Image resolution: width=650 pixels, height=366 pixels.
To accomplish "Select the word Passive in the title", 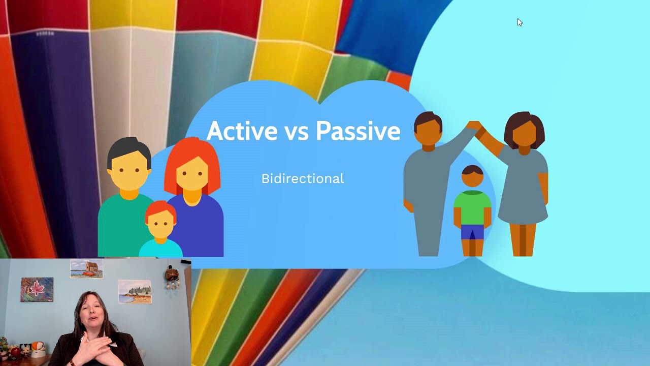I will (x=357, y=131).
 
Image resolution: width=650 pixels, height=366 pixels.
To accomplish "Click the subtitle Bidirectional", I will (x=303, y=179).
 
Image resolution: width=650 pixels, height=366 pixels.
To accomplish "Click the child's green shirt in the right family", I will (x=472, y=208).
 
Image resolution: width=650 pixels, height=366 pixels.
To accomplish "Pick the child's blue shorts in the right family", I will (x=472, y=232).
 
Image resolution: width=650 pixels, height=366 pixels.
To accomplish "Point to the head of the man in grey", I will (x=428, y=130).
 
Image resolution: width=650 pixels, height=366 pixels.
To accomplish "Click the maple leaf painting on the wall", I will (x=37, y=289).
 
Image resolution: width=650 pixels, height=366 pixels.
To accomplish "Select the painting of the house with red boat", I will (x=86, y=268).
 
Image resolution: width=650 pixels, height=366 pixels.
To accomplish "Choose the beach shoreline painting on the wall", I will (x=135, y=292).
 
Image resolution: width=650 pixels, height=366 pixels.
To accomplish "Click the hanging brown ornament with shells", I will (x=171, y=277).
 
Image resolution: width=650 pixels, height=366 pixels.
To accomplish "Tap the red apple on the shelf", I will (x=16, y=352).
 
